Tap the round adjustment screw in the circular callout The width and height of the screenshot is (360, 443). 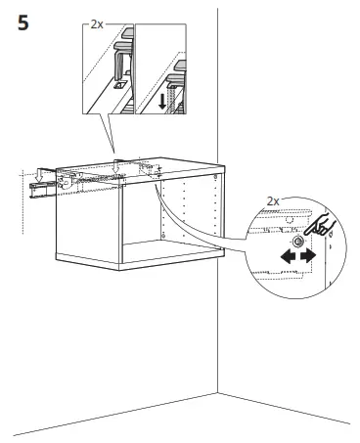pos(297,241)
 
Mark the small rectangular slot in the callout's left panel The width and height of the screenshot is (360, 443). pos(117,86)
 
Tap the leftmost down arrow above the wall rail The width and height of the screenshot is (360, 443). pos(26,176)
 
